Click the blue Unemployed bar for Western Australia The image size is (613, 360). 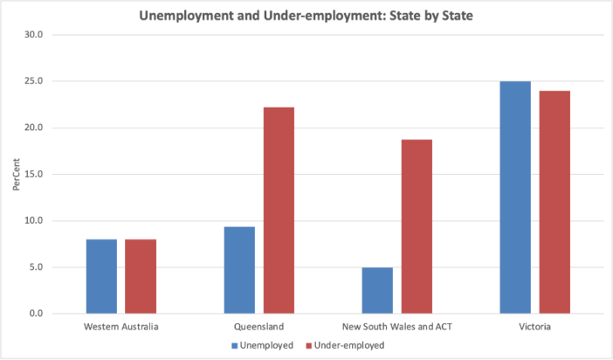(101, 276)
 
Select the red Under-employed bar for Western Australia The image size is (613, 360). (140, 276)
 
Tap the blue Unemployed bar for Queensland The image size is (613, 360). (239, 270)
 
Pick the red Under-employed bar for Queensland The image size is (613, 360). (279, 210)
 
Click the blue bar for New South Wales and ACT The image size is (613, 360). (377, 290)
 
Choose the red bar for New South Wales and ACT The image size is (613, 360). (417, 226)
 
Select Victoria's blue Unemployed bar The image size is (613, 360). (515, 197)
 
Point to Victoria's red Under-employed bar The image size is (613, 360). (554, 202)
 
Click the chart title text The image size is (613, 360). (306, 15)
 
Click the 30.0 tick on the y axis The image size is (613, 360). (33, 35)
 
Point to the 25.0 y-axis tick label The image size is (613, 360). (33, 81)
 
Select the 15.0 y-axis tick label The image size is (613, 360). (33, 174)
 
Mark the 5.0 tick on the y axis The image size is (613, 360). (35, 267)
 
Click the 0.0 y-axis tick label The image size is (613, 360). (35, 313)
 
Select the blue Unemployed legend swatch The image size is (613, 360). (235, 345)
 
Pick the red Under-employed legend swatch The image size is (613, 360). (309, 345)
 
